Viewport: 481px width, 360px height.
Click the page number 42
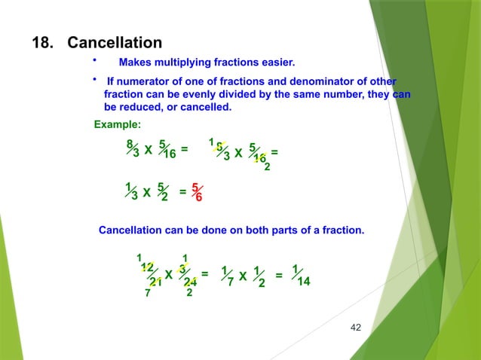click(357, 327)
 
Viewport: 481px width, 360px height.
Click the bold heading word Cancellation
click(114, 43)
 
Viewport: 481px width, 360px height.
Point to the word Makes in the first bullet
click(136, 62)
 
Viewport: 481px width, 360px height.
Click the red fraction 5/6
click(196, 192)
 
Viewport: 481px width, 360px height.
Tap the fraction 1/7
click(228, 276)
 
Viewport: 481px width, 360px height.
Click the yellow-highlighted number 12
click(148, 267)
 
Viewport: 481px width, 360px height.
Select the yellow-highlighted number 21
click(155, 282)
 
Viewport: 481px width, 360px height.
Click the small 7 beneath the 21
click(148, 294)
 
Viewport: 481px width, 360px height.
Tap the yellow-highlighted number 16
click(259, 158)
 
